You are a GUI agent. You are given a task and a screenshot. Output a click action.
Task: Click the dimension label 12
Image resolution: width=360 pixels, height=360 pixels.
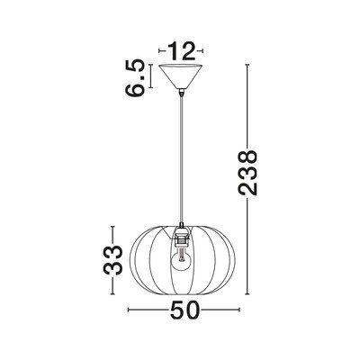(x=181, y=51)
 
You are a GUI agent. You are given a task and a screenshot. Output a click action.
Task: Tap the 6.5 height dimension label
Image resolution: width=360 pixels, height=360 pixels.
(x=135, y=78)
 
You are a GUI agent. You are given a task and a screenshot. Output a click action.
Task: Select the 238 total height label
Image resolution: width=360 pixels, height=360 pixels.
(x=247, y=173)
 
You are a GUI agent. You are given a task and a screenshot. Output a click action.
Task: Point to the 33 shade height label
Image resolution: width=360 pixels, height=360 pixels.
(x=113, y=260)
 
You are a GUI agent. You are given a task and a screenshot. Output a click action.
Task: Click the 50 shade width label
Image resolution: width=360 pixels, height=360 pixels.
(x=184, y=310)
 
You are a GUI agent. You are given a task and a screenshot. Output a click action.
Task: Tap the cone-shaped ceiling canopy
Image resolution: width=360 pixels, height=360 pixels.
(x=181, y=76)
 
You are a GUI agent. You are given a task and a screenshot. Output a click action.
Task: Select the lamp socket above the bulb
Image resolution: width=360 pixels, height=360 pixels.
(x=181, y=236)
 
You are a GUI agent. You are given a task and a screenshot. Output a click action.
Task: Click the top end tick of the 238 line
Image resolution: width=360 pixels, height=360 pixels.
(x=247, y=65)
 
